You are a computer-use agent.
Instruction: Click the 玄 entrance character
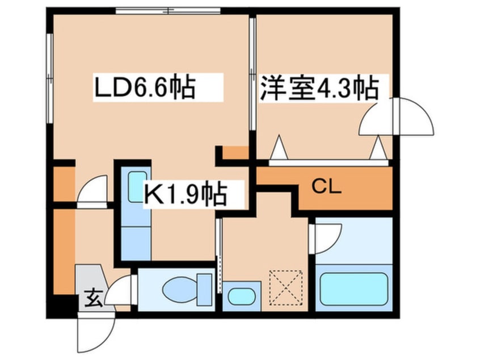(92, 296)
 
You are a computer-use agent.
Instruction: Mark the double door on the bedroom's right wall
(398, 116)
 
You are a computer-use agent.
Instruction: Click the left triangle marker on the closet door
(279, 149)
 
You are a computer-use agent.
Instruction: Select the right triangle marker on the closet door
(378, 149)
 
